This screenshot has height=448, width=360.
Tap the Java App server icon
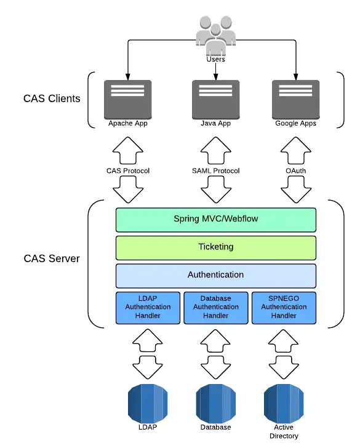tap(215, 98)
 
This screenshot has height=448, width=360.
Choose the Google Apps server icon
tap(295, 98)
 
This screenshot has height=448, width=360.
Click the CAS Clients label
tap(52, 98)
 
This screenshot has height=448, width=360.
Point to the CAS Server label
tap(52, 258)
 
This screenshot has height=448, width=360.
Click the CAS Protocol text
tap(129, 170)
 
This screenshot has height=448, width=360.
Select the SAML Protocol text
tap(215, 170)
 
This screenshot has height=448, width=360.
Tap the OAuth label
tap(295, 170)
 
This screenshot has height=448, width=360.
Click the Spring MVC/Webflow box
tap(215, 219)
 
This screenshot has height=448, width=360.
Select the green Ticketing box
tap(215, 247)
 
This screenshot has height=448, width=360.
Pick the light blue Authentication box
tap(215, 275)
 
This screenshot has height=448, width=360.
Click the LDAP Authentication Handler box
tap(148, 307)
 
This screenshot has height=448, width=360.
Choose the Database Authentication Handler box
tap(215, 307)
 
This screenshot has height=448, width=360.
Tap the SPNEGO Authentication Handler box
tap(284, 307)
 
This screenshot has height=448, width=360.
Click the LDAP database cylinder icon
tap(148, 402)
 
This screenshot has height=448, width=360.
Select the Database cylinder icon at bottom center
tap(215, 402)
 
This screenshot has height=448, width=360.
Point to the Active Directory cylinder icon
tap(284, 402)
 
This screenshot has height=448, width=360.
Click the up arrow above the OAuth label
tap(295, 151)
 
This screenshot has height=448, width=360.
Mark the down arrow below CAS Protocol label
tap(129, 190)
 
